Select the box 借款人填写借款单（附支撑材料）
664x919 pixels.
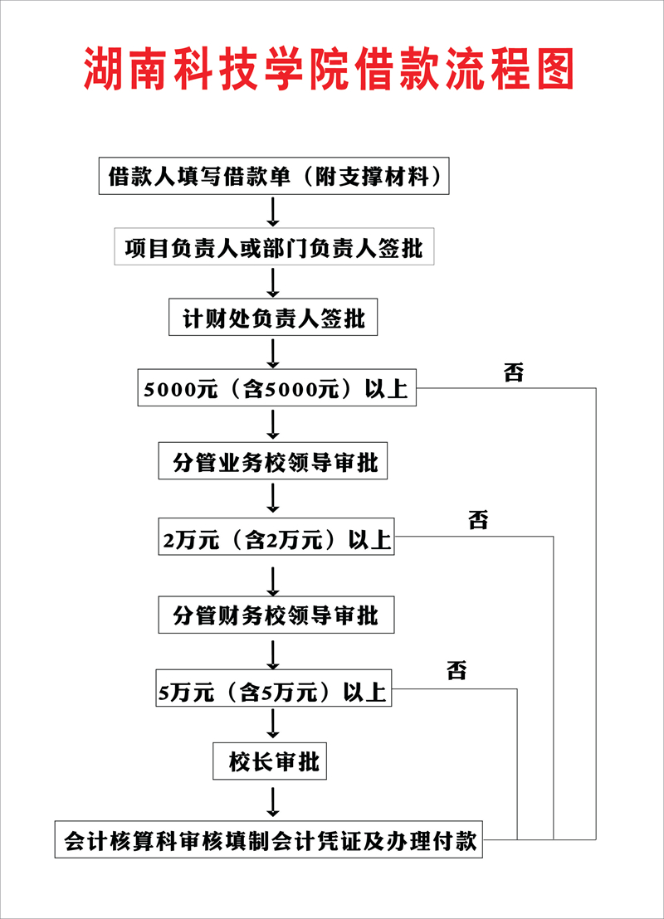coord(273,177)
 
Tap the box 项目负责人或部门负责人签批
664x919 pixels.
coord(273,248)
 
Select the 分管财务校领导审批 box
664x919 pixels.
coord(273,615)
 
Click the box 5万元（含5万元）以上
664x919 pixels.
coord(273,691)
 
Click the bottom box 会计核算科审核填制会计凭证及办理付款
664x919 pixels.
coord(269,840)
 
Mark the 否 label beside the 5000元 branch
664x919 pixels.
coord(514,372)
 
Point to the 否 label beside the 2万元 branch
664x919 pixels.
coord(478,522)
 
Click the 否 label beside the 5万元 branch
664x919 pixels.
coord(456,670)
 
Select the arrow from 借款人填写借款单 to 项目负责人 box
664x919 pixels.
coord(273,212)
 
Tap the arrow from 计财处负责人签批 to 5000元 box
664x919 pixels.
coord(273,353)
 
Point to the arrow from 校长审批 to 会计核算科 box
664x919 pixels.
coord(273,800)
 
